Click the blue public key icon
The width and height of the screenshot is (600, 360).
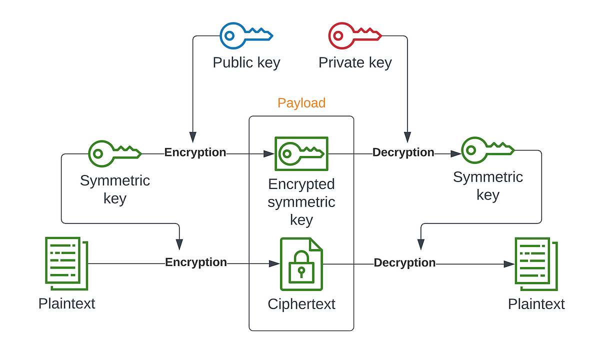[x=246, y=35]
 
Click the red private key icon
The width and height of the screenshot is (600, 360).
[x=354, y=35]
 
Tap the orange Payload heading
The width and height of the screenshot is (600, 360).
[x=301, y=103]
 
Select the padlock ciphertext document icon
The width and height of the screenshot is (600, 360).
[x=301, y=264]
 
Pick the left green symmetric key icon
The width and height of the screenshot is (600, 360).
[x=115, y=153]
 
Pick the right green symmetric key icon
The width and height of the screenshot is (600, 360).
[x=487, y=150]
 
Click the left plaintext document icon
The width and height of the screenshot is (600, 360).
[x=66, y=263]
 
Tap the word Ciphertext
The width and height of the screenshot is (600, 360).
[x=301, y=304]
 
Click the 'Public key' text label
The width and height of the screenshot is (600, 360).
[x=246, y=63]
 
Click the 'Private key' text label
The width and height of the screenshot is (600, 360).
[x=355, y=63]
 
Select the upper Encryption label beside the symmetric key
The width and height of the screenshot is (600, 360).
[x=195, y=152]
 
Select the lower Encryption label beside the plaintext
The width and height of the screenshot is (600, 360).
[x=196, y=262]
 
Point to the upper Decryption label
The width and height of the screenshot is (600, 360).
[x=403, y=152]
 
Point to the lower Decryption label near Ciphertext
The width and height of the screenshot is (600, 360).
[x=404, y=263]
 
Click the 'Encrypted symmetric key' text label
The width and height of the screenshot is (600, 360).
[x=301, y=202]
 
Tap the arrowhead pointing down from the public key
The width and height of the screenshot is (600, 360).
[x=193, y=137]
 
